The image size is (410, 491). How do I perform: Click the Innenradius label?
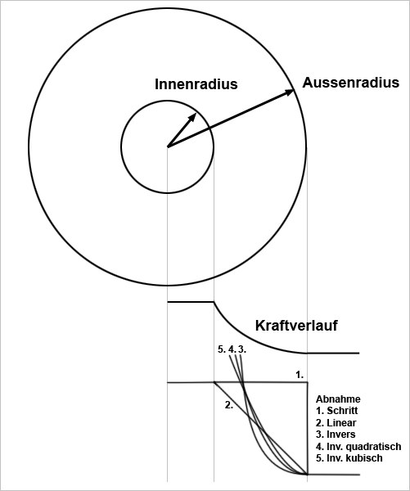pyautogui.click(x=196, y=84)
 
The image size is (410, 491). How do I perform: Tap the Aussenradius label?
pyautogui.click(x=351, y=83)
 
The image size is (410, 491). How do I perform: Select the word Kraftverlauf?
pyautogui.click(x=296, y=326)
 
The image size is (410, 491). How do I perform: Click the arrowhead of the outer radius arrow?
pyautogui.click(x=290, y=92)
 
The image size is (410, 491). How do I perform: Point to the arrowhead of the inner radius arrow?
pyautogui.click(x=192, y=117)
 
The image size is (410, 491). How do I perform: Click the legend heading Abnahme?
pyautogui.click(x=338, y=399)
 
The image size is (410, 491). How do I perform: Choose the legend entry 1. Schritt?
pyautogui.click(x=336, y=411)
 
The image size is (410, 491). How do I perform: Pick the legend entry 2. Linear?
pyautogui.click(x=336, y=423)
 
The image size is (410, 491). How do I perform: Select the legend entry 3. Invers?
pyautogui.click(x=336, y=435)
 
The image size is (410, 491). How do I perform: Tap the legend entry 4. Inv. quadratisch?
pyautogui.click(x=358, y=446)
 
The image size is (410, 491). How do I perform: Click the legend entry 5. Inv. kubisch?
pyautogui.click(x=349, y=457)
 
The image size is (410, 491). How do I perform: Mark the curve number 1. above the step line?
pyautogui.click(x=300, y=375)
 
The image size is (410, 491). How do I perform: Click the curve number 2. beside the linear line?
pyautogui.click(x=229, y=405)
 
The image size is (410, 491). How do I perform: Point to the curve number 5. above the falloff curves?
pyautogui.click(x=222, y=349)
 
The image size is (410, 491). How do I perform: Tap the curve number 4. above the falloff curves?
pyautogui.click(x=232, y=349)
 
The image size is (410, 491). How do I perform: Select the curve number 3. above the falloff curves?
pyautogui.click(x=242, y=349)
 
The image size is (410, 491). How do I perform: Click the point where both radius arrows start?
pyautogui.click(x=168, y=146)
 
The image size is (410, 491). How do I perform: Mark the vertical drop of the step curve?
pyautogui.click(x=308, y=428)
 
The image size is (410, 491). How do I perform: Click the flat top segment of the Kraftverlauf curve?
pyautogui.click(x=191, y=302)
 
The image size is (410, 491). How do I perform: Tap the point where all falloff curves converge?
pyautogui.click(x=307, y=475)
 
